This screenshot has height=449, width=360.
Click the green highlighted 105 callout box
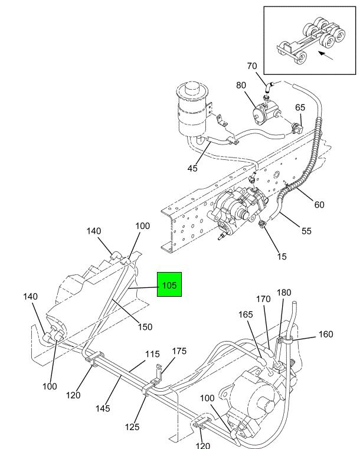pos(169,284)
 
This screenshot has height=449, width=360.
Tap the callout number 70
pos(252,66)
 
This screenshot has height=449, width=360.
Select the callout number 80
pos(241,86)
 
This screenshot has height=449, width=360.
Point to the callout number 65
pos(300,107)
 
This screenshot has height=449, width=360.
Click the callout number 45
pos(192,168)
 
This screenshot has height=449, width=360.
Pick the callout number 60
pos(319,205)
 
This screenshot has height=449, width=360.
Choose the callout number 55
pos(306,231)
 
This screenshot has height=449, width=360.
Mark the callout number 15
pos(282,257)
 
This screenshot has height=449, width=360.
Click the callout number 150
pos(145,327)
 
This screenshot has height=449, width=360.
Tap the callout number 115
pos(152,354)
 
